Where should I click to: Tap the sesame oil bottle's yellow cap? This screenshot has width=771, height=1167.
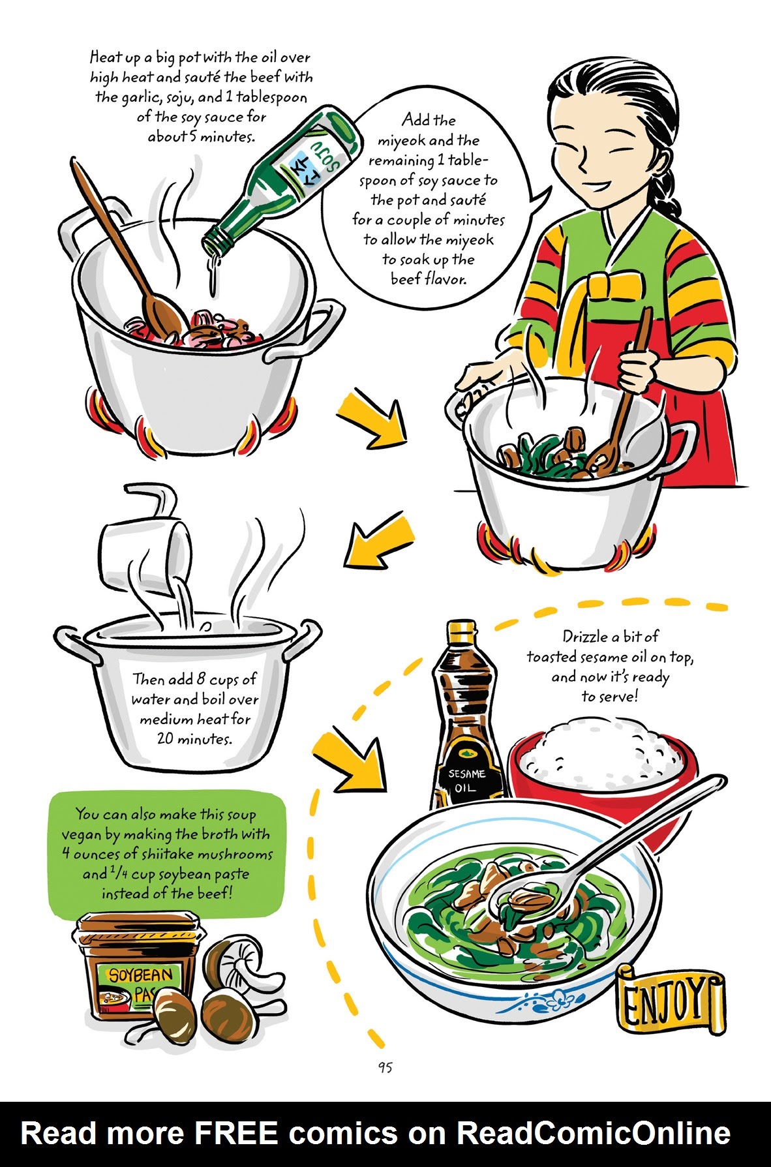[461, 632]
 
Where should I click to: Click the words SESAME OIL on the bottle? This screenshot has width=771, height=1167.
[466, 780]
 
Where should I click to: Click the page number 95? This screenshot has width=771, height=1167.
[385, 1067]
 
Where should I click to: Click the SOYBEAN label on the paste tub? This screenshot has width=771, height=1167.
[140, 975]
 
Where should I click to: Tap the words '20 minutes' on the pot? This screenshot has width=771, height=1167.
[194, 739]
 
